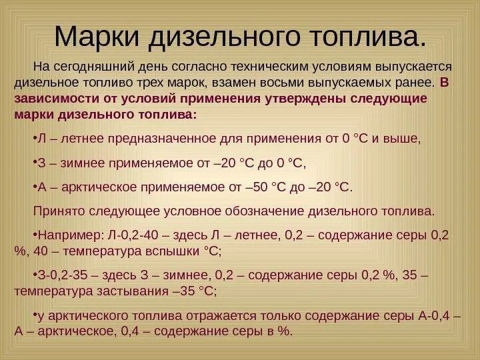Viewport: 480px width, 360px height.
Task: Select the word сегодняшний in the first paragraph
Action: [x=100, y=68]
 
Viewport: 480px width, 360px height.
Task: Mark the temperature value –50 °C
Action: [x=265, y=186]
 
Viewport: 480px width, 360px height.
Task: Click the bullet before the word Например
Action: [x=35, y=236]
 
